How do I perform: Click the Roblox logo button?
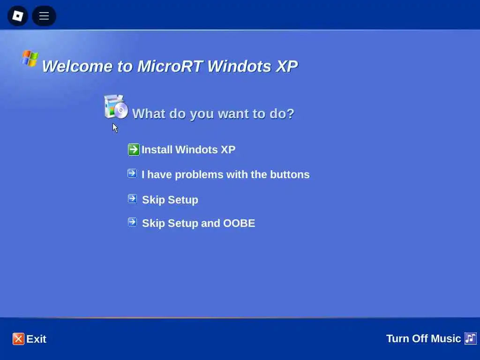18,15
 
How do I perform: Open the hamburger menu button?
44,15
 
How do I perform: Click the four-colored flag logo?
30,58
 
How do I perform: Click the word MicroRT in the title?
170,66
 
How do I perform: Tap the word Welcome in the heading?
77,66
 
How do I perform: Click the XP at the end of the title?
286,66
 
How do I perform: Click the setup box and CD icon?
116,107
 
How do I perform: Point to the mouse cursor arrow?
115,128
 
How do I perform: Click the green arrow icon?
134,150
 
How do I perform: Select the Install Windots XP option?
188,150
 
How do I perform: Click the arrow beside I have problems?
132,173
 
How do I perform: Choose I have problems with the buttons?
225,174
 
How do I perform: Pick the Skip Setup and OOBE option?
198,223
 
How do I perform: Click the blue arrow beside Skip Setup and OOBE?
132,222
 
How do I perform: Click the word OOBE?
239,223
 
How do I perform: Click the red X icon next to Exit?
18,339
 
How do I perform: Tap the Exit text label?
36,339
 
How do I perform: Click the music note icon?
471,338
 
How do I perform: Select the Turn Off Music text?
423,338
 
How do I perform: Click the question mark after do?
291,113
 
